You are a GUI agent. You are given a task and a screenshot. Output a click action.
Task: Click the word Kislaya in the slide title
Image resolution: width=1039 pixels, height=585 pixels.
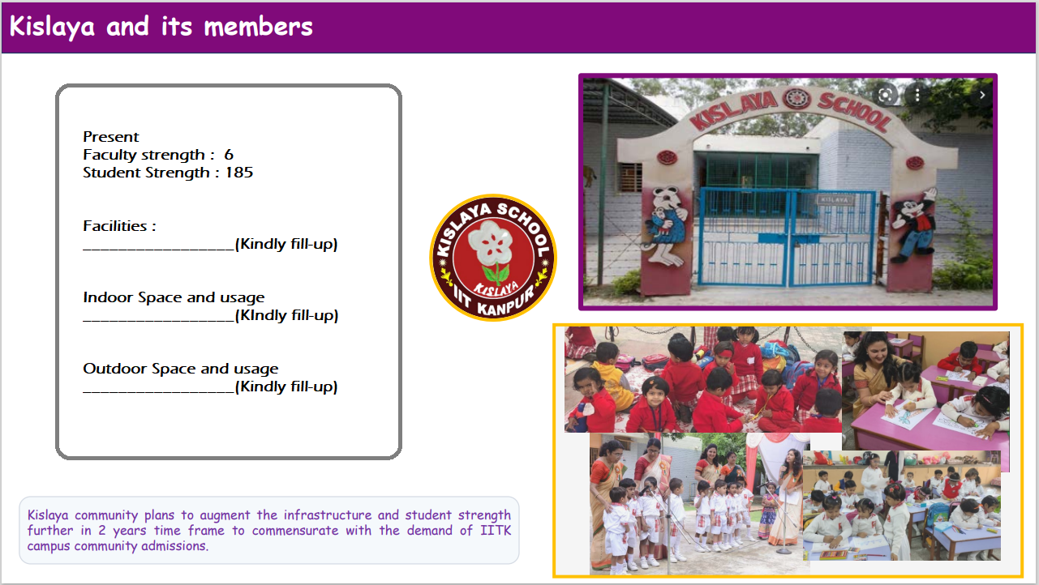click(x=52, y=27)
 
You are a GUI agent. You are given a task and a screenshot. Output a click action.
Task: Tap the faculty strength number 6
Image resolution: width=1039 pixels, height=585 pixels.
click(x=229, y=155)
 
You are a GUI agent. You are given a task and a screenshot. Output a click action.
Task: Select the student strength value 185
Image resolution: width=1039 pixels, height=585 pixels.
click(x=239, y=173)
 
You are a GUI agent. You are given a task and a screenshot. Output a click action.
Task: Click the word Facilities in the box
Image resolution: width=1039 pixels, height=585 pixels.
click(x=115, y=226)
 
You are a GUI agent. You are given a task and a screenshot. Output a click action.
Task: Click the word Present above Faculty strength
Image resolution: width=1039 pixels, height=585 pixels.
click(x=111, y=137)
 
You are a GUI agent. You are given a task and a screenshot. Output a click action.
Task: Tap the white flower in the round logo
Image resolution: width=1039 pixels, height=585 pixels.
click(x=490, y=241)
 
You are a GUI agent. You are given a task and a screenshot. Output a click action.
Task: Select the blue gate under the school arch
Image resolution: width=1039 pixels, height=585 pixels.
click(x=787, y=237)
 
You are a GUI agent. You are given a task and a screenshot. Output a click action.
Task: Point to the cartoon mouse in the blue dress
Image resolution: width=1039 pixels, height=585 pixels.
click(x=666, y=226)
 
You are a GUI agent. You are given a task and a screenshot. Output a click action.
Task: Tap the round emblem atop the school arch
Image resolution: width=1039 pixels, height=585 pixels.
click(x=796, y=99)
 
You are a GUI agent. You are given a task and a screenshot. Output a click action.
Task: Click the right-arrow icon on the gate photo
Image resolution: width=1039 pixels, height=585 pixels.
click(x=982, y=95)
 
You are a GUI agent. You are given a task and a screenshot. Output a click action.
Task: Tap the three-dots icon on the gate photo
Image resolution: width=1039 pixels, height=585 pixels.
click(x=917, y=95)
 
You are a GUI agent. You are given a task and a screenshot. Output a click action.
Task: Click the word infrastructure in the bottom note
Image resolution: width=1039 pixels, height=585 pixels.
click(x=328, y=515)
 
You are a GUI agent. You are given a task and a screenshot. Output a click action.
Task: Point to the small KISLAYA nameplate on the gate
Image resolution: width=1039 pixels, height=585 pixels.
click(x=835, y=199)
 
